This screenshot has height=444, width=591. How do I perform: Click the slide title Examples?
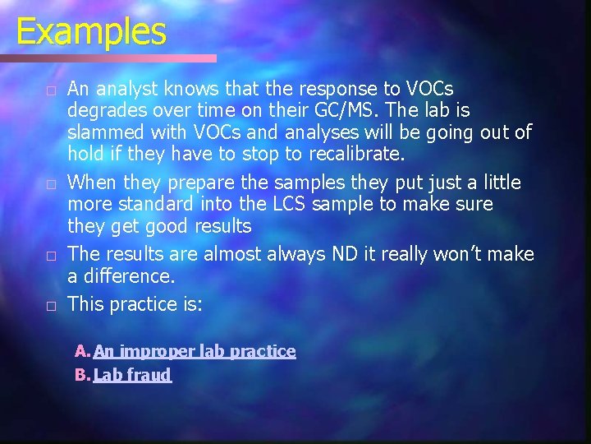[90, 32]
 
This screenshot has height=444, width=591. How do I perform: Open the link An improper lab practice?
[195, 352]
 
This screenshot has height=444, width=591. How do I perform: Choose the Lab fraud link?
[132, 376]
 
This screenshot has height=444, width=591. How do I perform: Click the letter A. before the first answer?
[83, 352]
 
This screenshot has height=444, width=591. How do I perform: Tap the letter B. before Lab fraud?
[83, 376]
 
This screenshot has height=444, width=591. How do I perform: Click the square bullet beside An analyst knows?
[50, 89]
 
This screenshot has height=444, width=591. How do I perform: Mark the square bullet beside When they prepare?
[50, 183]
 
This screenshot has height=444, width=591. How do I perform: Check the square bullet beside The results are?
[50, 257]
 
